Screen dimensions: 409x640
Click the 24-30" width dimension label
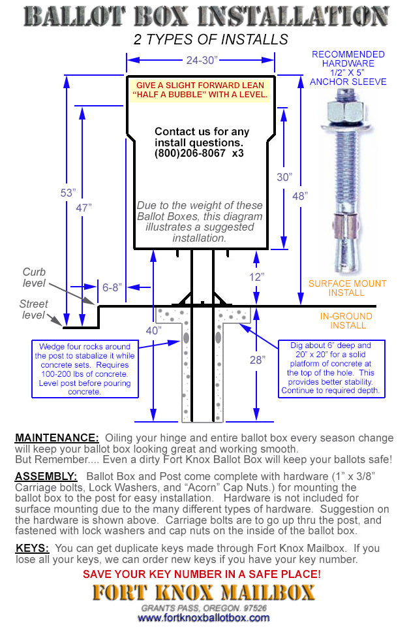pos(201,60)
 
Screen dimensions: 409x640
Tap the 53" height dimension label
pos(68,193)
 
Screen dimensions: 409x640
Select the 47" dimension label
pos(83,208)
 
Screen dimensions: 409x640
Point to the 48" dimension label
pos(300,196)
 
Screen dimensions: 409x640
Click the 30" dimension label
pos(284,177)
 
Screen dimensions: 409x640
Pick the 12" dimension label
pos(257,277)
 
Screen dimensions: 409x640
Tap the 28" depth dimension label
pos(258,360)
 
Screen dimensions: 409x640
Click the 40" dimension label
pos(154,330)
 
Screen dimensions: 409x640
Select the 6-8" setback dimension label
pos(112,287)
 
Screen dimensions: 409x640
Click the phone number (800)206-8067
pos(190,153)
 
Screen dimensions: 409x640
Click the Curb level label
pos(35,278)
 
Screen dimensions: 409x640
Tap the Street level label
pos(33,310)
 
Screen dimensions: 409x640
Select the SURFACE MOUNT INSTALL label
pos(348,288)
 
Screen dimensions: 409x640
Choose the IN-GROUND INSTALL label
pos(346,321)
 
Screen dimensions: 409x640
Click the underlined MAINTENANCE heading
pos(57,438)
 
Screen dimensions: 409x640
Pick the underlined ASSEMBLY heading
pos(46,476)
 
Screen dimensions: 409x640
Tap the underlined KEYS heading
pos(32,548)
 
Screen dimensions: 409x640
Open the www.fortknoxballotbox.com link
pos(204,618)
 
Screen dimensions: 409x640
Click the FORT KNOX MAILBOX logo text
pos(204,593)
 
